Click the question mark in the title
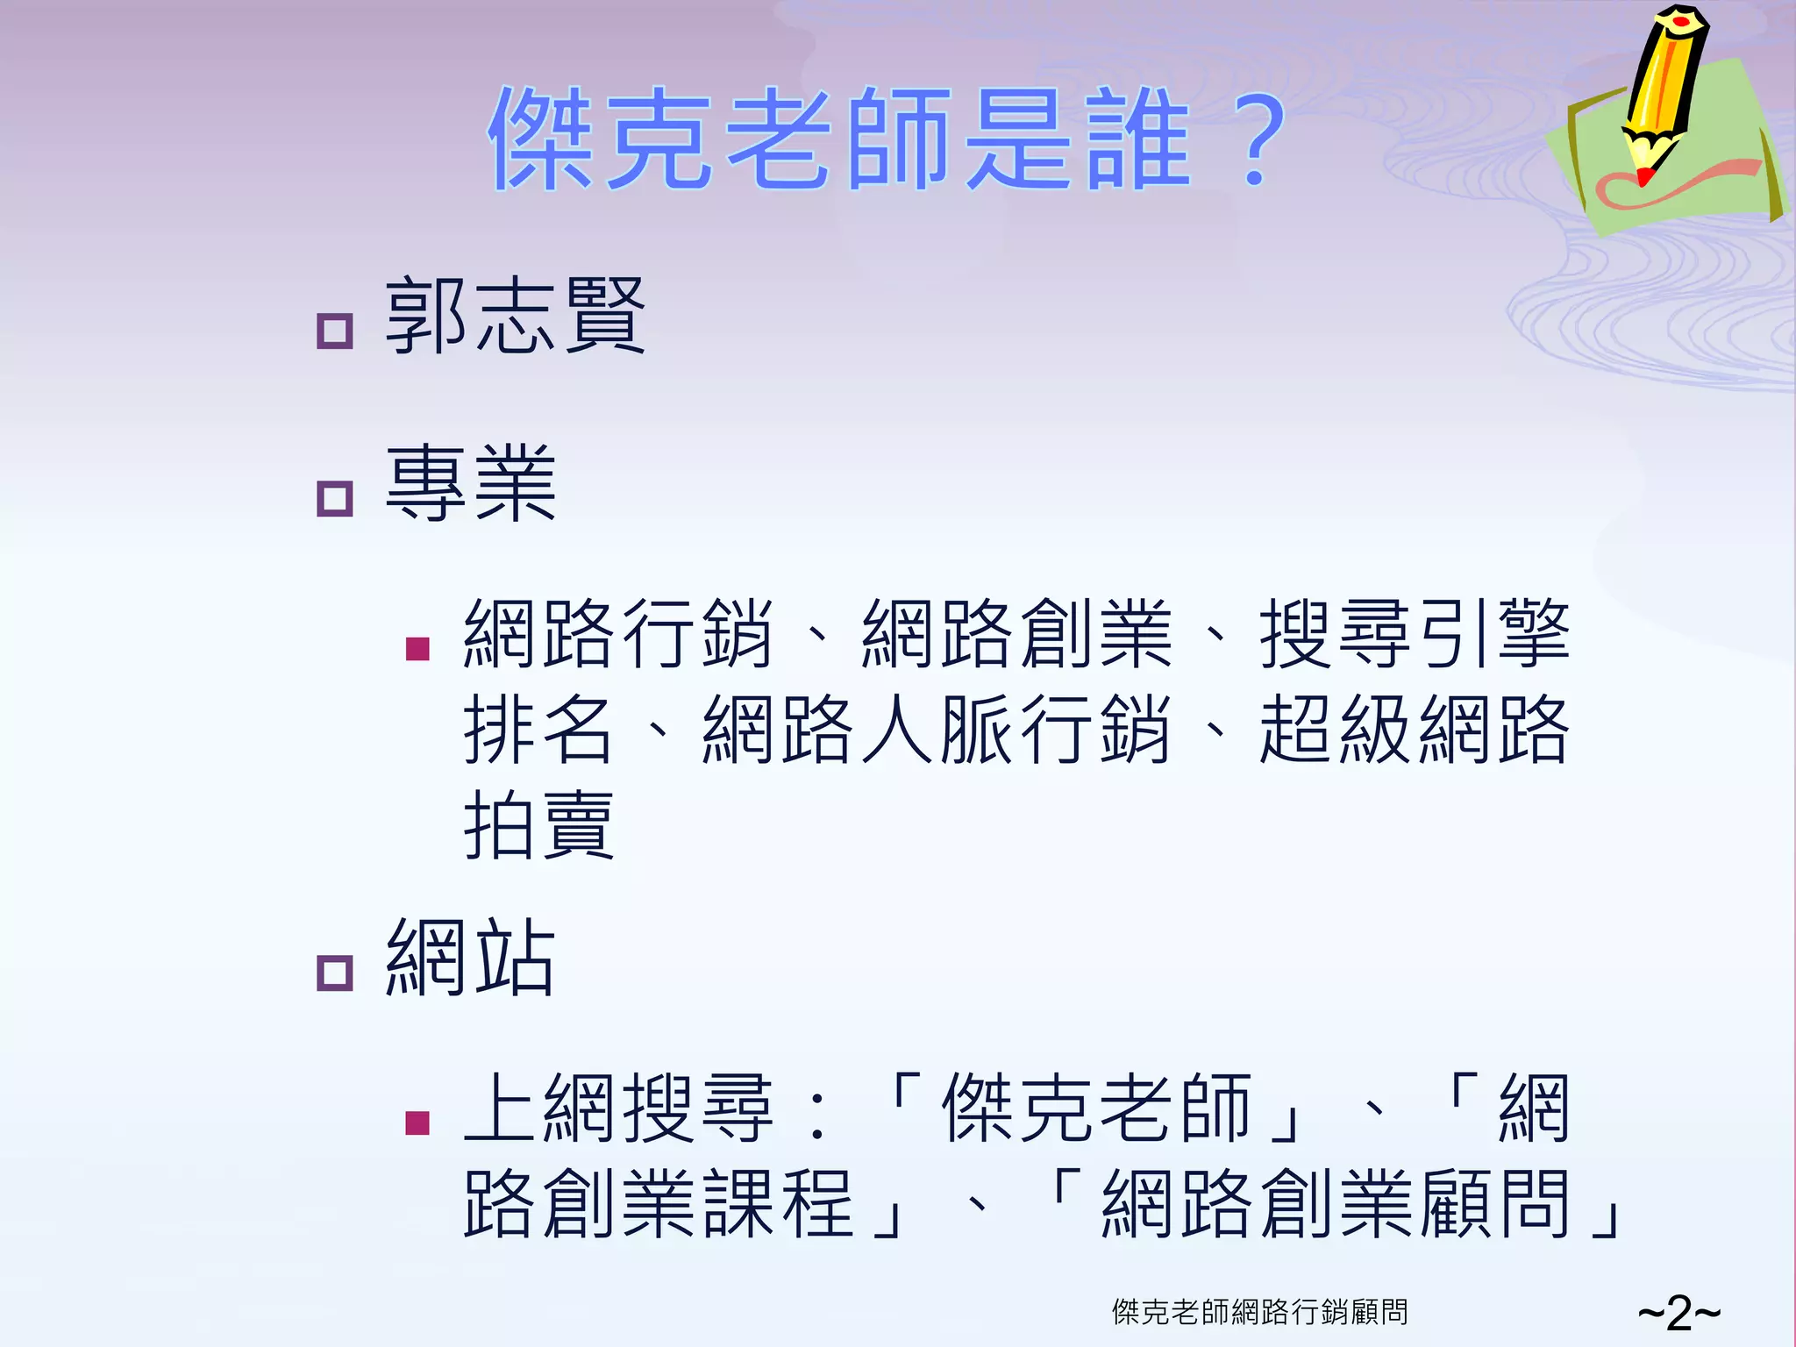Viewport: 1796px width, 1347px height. click(1256, 140)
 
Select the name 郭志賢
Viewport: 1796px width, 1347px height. click(515, 316)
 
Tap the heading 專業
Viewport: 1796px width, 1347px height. click(471, 483)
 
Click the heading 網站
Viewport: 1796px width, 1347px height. click(471, 958)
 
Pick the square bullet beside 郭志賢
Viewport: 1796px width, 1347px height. click(334, 331)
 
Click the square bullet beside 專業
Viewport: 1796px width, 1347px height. click(334, 498)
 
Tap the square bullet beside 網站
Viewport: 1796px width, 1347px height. click(334, 973)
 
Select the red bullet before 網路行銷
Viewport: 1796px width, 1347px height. click(417, 649)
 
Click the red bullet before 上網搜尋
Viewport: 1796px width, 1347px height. click(417, 1122)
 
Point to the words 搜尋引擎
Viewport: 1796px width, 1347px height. click(1414, 633)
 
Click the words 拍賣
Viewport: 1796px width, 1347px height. click(538, 824)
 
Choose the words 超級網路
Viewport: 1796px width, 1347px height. click(1414, 729)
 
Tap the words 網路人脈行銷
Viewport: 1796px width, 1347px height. click(936, 729)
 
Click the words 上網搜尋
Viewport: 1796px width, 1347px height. click(618, 1108)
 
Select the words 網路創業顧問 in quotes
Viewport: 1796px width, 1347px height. click(1335, 1204)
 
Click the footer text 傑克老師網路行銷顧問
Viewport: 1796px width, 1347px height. click(1259, 1312)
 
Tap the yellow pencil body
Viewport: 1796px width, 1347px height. click(1666, 79)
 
